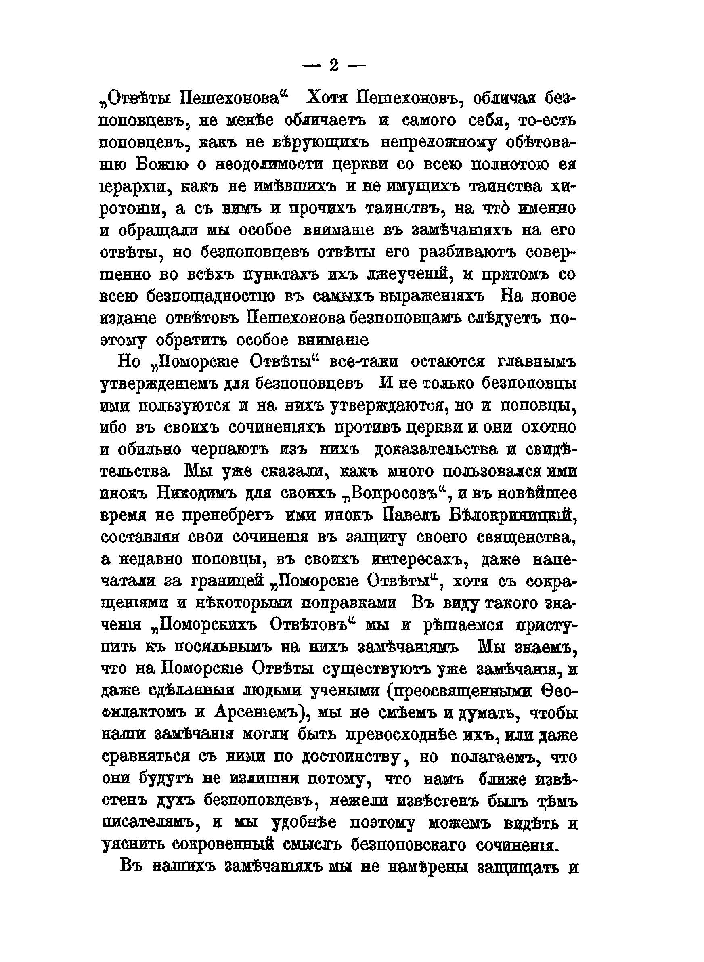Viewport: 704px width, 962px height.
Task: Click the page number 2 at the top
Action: click(x=334, y=65)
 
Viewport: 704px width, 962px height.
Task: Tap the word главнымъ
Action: click(x=536, y=362)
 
